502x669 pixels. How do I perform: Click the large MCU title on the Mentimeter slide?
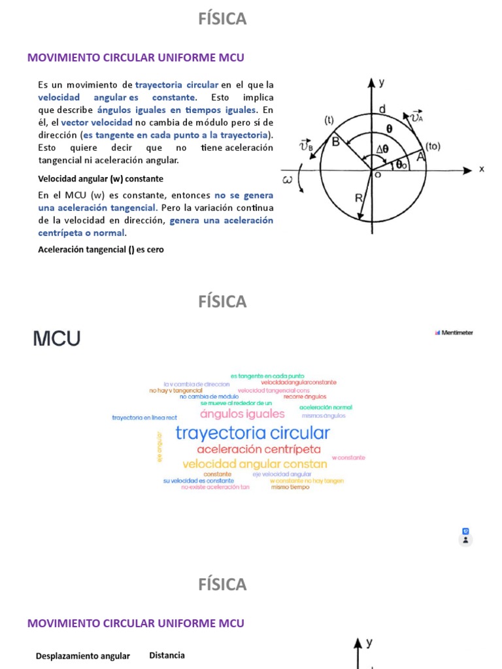tap(56, 338)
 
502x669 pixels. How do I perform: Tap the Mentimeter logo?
tap(454, 333)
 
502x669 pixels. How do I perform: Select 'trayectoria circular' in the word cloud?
tap(252, 432)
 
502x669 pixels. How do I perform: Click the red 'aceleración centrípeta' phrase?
tap(259, 449)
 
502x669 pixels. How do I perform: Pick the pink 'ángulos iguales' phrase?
tap(243, 414)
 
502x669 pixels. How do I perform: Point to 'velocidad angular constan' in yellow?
tap(255, 464)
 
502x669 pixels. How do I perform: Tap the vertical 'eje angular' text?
tap(159, 447)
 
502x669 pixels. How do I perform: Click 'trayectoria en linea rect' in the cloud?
tap(144, 417)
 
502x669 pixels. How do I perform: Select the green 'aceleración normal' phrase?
tap(326, 407)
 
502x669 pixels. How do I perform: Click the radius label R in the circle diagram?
tap(359, 198)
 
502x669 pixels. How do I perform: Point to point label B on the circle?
tap(335, 140)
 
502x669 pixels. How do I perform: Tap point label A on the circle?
tap(420, 157)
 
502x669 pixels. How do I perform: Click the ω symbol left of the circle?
tap(288, 179)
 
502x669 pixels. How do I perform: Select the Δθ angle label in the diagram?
tap(381, 148)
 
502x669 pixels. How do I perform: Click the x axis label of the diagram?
tap(482, 169)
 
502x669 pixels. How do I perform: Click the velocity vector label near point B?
tap(305, 146)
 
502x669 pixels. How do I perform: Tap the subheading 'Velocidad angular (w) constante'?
tap(101, 178)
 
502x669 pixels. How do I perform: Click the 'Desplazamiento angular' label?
tap(83, 656)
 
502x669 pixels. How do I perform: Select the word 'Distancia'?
tap(167, 655)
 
